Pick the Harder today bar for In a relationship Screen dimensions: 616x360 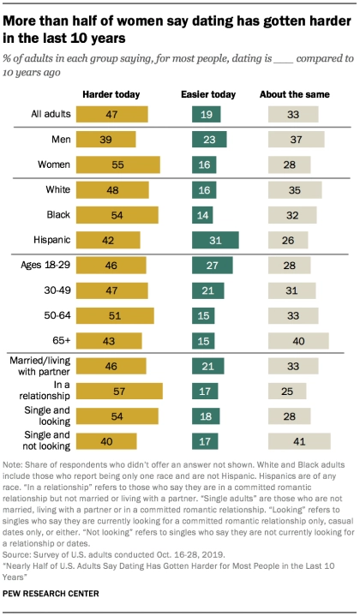pyautogui.click(x=119, y=392)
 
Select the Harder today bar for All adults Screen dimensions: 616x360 pyautogui.click(x=111, y=114)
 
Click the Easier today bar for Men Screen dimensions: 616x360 pyautogui.click(x=208, y=139)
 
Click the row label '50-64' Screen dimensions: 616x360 pyautogui.click(x=56, y=316)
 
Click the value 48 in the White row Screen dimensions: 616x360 pyautogui.click(x=86, y=190)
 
